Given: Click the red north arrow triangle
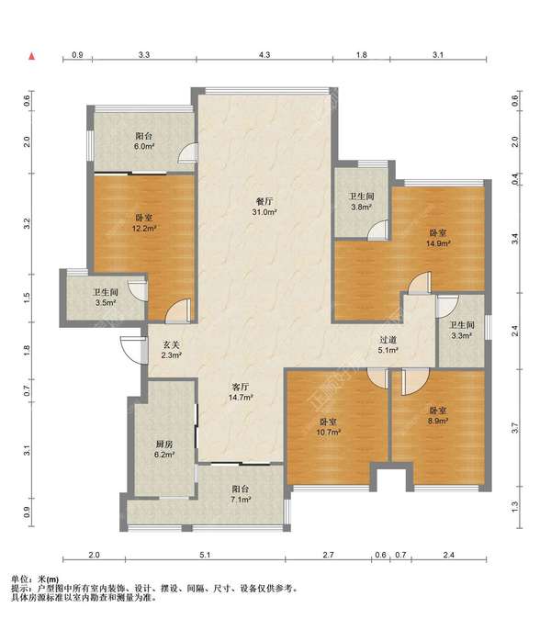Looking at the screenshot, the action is tap(32, 56).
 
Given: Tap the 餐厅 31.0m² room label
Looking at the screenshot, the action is tap(264, 207).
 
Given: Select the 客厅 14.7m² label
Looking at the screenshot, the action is tap(241, 392).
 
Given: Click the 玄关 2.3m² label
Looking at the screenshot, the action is tap(172, 350).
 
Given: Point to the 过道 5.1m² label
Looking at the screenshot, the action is tap(388, 344).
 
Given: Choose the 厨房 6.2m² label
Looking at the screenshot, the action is tap(164, 449).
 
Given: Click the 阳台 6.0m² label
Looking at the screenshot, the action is tap(144, 141).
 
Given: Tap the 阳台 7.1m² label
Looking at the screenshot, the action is tap(242, 494).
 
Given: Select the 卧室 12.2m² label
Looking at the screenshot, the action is tap(144, 222).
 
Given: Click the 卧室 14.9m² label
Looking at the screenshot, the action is tap(438, 238).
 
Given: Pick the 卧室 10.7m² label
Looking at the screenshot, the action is tap(329, 427).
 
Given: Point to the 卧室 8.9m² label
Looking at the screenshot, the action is tap(438, 416).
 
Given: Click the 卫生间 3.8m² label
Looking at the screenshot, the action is tap(361, 201).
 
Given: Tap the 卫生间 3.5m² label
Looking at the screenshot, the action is tap(106, 298).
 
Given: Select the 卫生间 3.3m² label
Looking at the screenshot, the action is tap(462, 331).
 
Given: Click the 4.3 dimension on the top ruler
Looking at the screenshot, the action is tap(264, 54).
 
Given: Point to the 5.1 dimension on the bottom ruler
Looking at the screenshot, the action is tap(205, 555).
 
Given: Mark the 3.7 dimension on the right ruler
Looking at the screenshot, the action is tap(514, 428).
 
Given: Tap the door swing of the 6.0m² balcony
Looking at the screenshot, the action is tap(187, 152).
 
